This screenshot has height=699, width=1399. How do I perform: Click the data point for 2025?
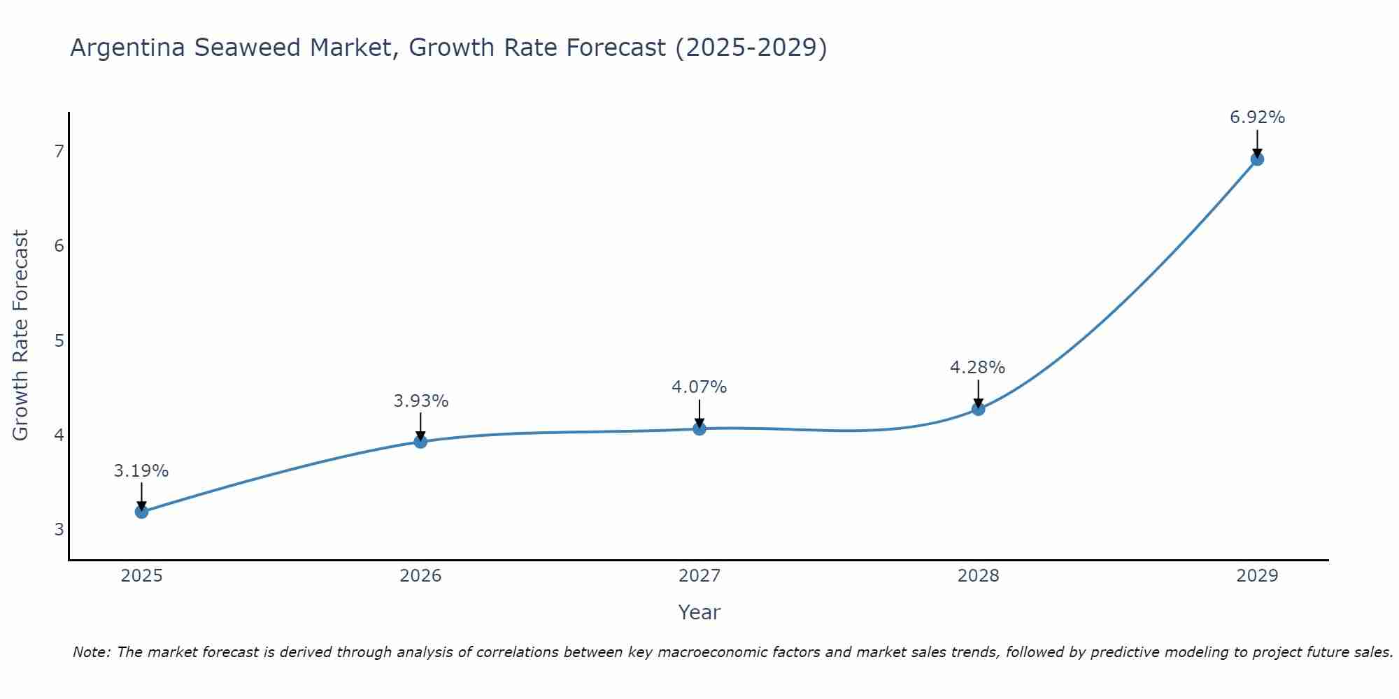141,512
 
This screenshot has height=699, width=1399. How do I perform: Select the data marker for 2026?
420,442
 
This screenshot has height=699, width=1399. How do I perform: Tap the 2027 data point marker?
699,428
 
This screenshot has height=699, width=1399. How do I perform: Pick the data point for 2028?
978,409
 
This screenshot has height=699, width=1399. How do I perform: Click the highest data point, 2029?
1257,159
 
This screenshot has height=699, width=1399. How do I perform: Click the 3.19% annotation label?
141,471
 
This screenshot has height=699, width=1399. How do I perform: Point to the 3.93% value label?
420,401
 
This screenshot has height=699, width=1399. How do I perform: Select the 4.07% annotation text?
699,387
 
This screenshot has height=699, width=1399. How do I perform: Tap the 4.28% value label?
977,368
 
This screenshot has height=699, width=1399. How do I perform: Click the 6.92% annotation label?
1257,117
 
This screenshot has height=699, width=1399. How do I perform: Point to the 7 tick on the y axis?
59,151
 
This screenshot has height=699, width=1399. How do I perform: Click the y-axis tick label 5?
59,340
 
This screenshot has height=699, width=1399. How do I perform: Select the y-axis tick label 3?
59,529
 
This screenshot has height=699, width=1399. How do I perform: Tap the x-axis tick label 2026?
420,576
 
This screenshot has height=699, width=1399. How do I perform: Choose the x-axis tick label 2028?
978,576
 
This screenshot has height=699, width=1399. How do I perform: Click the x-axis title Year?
699,612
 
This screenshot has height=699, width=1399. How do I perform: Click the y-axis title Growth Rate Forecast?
21,336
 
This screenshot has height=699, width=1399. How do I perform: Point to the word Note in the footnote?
90,652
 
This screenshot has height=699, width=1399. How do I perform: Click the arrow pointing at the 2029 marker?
1257,143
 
